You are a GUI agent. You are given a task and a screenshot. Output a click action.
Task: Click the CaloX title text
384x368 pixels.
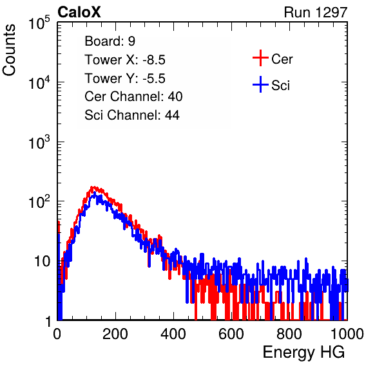[79, 12]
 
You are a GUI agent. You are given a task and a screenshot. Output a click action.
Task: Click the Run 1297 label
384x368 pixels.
[316, 12]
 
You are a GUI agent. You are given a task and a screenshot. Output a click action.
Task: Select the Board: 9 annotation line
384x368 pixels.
[110, 41]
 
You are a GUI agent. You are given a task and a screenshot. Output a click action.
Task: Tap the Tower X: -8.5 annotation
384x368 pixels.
[125, 60]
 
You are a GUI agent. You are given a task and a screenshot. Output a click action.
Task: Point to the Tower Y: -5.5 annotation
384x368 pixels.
[125, 78]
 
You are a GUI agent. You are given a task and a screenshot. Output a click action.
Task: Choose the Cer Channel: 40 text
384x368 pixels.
[133, 97]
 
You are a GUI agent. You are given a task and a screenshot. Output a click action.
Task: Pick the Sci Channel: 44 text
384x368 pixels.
[132, 115]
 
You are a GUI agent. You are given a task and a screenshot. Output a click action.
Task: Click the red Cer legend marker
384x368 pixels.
[260, 58]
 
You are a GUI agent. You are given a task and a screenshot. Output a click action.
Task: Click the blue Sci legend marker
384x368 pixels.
[260, 84]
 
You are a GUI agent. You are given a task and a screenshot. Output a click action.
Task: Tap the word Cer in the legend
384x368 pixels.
[282, 59]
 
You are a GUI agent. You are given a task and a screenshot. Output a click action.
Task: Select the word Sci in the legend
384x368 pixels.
[281, 86]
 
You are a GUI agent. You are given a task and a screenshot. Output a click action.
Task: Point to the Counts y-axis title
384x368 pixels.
[9, 50]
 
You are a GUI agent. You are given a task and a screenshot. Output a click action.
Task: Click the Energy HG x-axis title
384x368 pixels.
[303, 352]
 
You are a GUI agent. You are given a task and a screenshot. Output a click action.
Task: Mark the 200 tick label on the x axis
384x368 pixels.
[115, 334]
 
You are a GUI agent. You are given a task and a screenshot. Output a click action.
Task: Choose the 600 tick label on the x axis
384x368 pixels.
[231, 334]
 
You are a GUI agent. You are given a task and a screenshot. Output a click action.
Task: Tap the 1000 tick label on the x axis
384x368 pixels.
[347, 334]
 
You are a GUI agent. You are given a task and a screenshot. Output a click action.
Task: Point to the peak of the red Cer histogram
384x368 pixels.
[93, 187]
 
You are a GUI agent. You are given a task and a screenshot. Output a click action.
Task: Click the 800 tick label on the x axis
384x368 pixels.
[289, 334]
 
